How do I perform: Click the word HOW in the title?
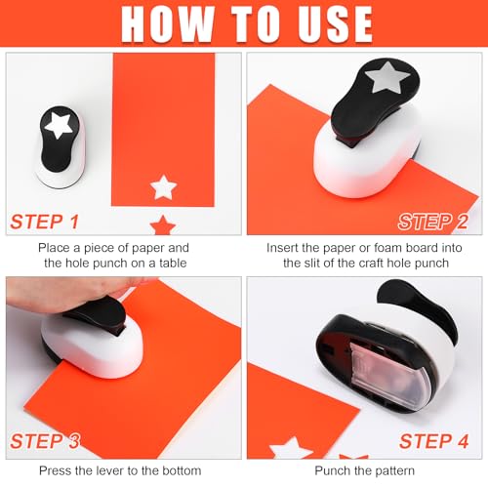coord(168,23)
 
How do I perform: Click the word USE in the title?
coord(336,23)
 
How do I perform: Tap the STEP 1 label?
coord(45,222)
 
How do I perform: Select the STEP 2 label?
coord(433,222)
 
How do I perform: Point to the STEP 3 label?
coord(45,441)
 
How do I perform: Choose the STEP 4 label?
coord(434,441)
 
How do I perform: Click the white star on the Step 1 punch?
coord(59,125)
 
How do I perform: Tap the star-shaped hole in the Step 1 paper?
coord(163,187)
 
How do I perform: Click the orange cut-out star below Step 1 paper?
coord(163,224)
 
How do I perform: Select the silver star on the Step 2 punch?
coord(386,78)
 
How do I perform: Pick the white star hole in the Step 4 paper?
coord(290,449)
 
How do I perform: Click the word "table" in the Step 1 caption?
coord(173,263)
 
